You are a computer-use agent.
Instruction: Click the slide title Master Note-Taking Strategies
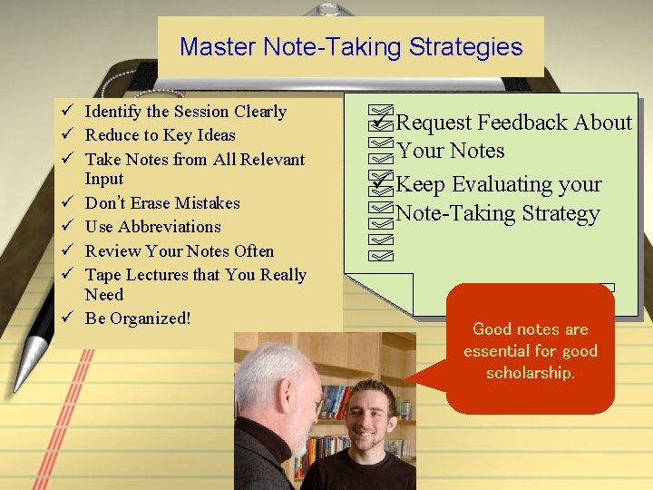pyautogui.click(x=351, y=47)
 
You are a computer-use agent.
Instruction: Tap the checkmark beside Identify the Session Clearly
pyautogui.click(x=68, y=112)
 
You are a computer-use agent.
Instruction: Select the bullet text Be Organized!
pyautogui.click(x=138, y=318)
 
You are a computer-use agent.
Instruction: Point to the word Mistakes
pyautogui.click(x=207, y=203)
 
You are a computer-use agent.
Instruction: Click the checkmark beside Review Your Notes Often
pyautogui.click(x=68, y=251)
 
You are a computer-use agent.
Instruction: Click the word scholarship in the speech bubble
pyautogui.click(x=530, y=373)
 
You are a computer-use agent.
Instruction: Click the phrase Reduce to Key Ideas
pyautogui.click(x=160, y=135)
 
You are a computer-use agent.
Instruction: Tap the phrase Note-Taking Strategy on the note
pyautogui.click(x=498, y=214)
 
